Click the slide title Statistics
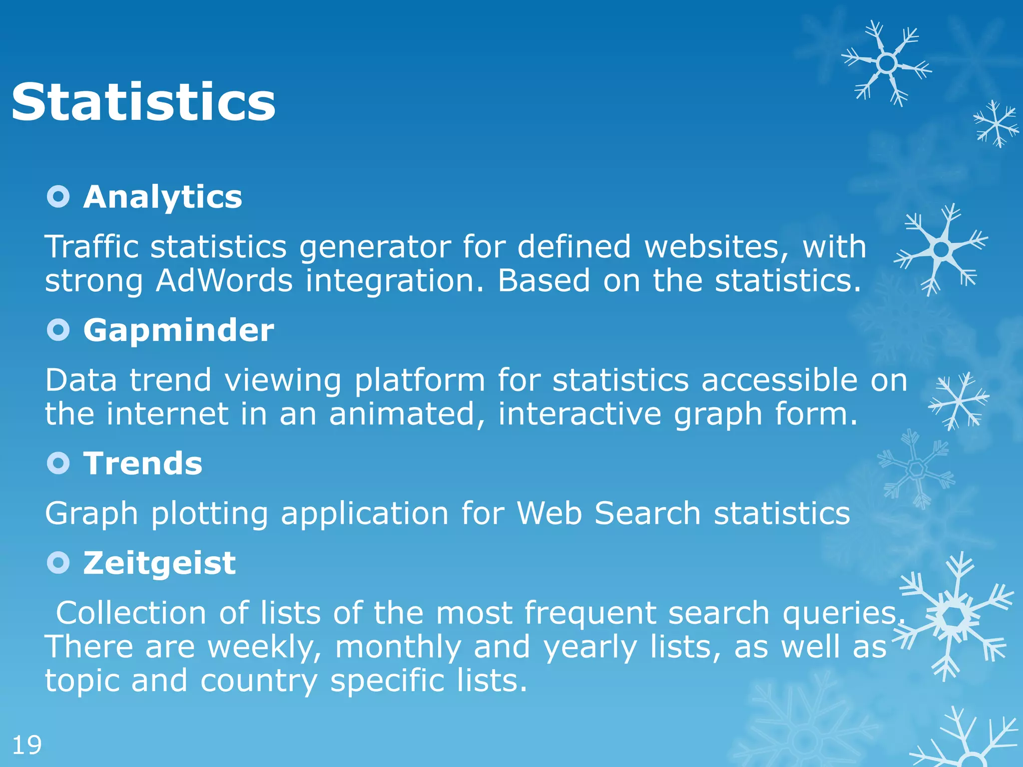pyautogui.click(x=143, y=102)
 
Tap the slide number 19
pyautogui.click(x=26, y=745)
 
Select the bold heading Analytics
pyautogui.click(x=162, y=197)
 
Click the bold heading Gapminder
pyautogui.click(x=178, y=330)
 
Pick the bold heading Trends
pyautogui.click(x=142, y=463)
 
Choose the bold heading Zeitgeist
pyautogui.click(x=159, y=563)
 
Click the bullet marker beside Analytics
pyautogui.click(x=58, y=197)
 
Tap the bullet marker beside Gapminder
pyautogui.click(x=58, y=330)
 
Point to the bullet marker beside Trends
pyautogui.click(x=58, y=463)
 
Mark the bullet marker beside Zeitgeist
pyautogui.click(x=58, y=563)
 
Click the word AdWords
pyautogui.click(x=224, y=281)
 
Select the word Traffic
pyautogui.click(x=91, y=247)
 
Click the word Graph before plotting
pyautogui.click(x=91, y=514)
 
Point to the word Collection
pyautogui.click(x=131, y=613)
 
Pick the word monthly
pyautogui.click(x=398, y=647)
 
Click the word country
pyautogui.click(x=259, y=681)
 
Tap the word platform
pyautogui.click(x=420, y=381)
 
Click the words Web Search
pyautogui.click(x=608, y=513)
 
